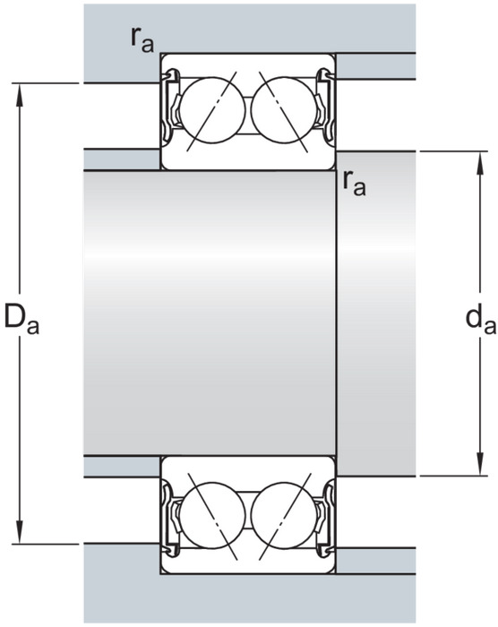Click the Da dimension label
[x=21, y=320]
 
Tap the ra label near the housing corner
[x=142, y=40]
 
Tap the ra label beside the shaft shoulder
[x=354, y=184]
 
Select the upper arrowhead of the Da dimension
[x=19, y=95]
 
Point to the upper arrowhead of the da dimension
[x=480, y=164]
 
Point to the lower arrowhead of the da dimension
[x=480, y=464]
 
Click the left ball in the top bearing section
[x=212, y=110]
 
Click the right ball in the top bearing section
[x=284, y=110]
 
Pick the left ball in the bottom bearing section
[x=212, y=515]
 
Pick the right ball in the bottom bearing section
[x=284, y=515]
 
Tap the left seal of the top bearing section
[x=171, y=106]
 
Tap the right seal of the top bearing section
[x=325, y=106]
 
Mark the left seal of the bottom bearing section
[x=171, y=520]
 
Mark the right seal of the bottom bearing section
[x=325, y=520]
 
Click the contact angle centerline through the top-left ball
[x=212, y=111]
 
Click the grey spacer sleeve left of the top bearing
[x=122, y=159]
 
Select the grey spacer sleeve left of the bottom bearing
[x=122, y=467]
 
